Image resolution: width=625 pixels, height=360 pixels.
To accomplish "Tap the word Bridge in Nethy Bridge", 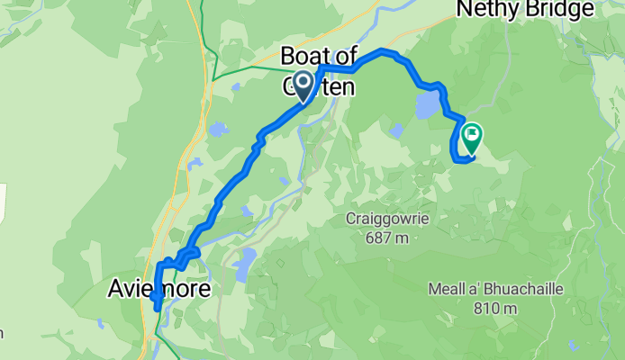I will [562, 9].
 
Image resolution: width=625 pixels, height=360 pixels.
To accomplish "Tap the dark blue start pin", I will [301, 85].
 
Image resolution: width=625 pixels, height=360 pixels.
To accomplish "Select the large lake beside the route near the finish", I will [426, 106].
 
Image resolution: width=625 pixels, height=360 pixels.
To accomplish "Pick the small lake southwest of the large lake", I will [396, 131].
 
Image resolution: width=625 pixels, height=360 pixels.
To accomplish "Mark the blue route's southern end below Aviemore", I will [159, 308].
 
